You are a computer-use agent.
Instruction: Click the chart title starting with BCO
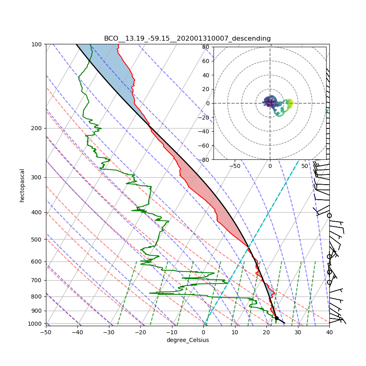[x=187, y=39]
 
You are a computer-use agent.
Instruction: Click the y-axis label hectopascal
[x=22, y=185]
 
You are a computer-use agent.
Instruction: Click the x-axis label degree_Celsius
[x=187, y=340]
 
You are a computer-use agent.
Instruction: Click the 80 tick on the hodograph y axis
[x=206, y=47]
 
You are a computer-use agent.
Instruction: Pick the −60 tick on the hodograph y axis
[x=205, y=146]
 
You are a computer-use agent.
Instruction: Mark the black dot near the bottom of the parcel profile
[x=277, y=318]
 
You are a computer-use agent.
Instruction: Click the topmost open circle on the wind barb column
[x=329, y=216]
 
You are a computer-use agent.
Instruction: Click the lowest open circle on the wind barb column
[x=329, y=282]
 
